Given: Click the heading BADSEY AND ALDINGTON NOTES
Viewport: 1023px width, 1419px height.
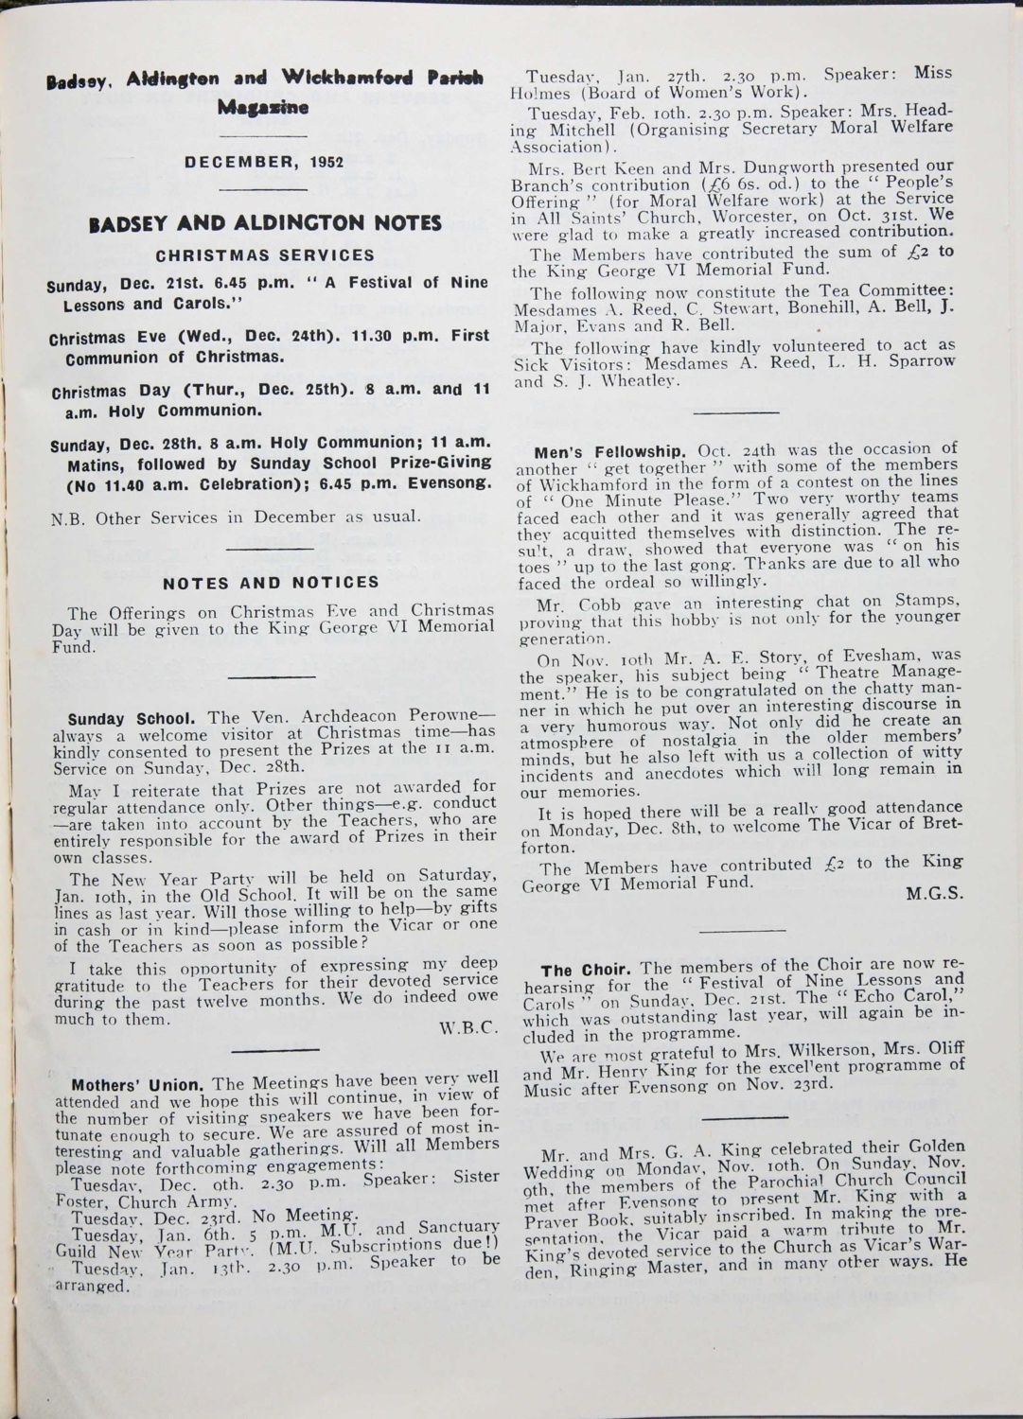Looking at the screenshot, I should (x=264, y=224).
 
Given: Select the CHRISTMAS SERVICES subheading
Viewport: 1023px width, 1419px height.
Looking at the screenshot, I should (x=265, y=255).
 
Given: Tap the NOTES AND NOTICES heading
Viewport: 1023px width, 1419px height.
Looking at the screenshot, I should (x=271, y=582).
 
